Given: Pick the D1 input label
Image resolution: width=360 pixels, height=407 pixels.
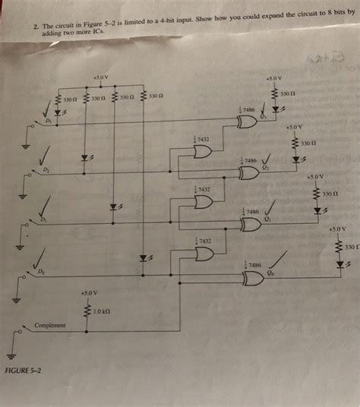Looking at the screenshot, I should [x=43, y=219].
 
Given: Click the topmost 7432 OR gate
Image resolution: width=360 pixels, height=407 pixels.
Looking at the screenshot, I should [x=203, y=151].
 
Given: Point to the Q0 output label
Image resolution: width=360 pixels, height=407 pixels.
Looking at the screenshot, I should [x=270, y=272].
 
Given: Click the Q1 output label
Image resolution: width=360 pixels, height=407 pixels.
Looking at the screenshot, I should [x=267, y=219].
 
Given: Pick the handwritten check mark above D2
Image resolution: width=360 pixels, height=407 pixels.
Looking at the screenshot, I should [x=45, y=154].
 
